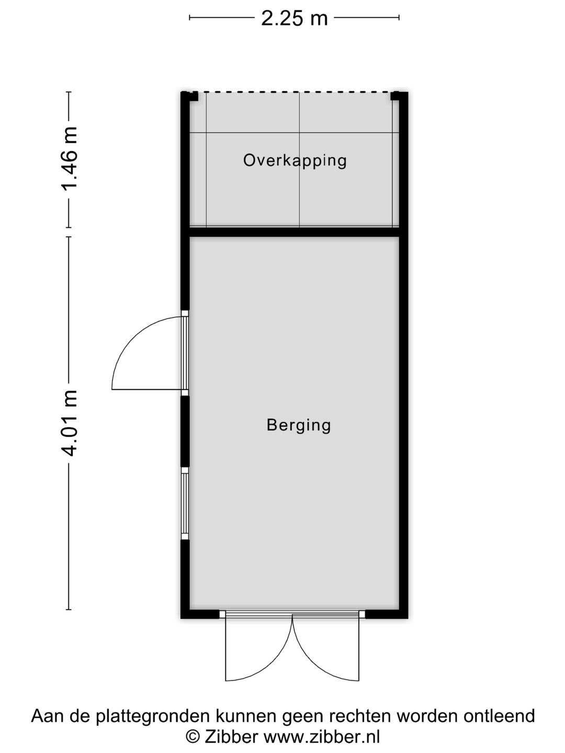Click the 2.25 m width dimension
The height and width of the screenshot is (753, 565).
coord(294,19)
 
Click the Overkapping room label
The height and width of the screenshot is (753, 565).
coord(295,160)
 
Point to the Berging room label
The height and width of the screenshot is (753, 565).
coord(299,425)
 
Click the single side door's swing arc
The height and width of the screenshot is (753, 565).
coord(131,340)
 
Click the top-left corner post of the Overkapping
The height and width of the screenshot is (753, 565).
coord(189,96)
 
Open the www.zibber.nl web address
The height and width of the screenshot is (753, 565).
coord(321,737)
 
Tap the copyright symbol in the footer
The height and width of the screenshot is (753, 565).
coord(193,737)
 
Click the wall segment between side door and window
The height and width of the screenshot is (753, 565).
coord(185,431)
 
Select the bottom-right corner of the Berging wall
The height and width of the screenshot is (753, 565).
coord(403,614)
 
